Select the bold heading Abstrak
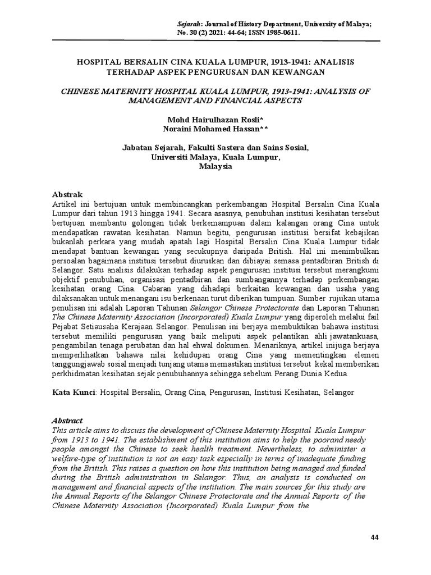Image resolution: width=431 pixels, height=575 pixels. [67, 194]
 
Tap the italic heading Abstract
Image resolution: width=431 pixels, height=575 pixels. [67, 421]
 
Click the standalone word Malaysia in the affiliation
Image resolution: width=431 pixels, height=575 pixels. [215, 167]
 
